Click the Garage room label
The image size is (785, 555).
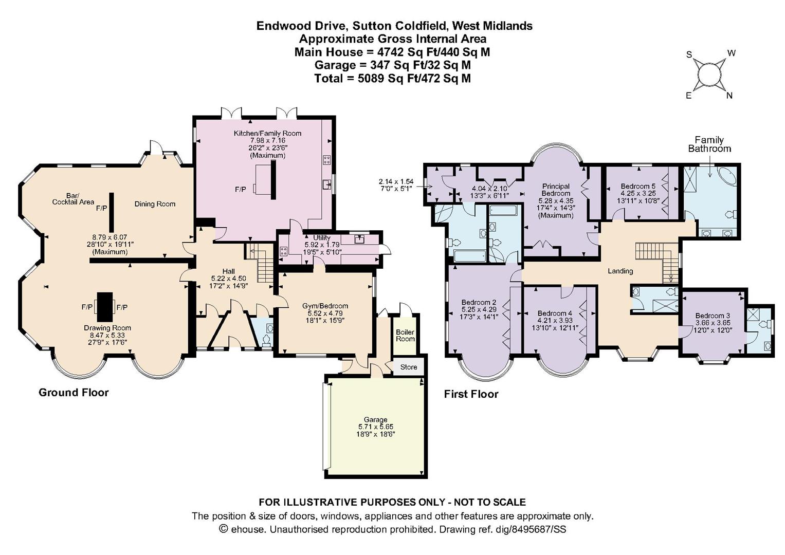pos(375,419)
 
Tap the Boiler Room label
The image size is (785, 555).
pos(405,335)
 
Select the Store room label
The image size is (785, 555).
pos(409,367)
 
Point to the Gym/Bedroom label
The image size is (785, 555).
pos(325,306)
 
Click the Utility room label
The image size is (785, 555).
pos(321,237)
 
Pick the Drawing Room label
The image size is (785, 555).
pos(107,328)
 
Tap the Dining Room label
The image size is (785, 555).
pos(155,204)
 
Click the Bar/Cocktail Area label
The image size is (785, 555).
pos(73,198)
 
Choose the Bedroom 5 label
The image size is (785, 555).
pos(638,186)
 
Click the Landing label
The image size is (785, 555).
pos(620,271)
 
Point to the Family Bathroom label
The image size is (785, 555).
pos(709,144)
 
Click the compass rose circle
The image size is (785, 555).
pos(709,75)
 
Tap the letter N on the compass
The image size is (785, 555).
pos(729,95)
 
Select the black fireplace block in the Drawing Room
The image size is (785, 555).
pos(105,307)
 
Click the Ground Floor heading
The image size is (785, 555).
pos(74,393)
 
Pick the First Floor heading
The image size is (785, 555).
pos(471,394)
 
